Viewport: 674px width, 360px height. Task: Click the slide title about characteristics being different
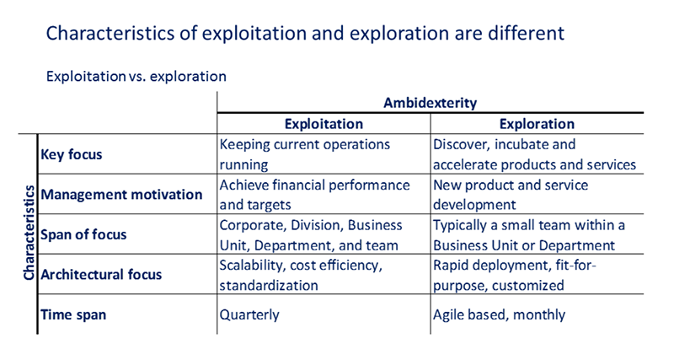point(305,33)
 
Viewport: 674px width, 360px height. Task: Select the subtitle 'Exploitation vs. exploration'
point(136,76)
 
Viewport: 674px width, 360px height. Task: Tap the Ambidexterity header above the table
point(430,103)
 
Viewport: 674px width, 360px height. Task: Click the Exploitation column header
point(324,124)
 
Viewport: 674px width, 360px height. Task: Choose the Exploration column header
point(537,124)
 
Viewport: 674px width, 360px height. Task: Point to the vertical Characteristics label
point(29,233)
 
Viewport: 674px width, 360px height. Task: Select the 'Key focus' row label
point(72,154)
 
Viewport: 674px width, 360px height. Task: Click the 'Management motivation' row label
point(121,195)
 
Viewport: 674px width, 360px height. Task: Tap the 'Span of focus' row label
point(83,234)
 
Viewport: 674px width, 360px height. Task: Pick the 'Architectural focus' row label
point(101,274)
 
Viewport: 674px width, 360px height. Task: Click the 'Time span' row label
point(73,314)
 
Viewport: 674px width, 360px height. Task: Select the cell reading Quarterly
point(249,314)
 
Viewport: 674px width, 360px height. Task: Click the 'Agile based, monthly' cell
point(499,314)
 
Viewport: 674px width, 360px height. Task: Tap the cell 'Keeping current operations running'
point(305,154)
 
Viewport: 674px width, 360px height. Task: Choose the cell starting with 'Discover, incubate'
point(534,154)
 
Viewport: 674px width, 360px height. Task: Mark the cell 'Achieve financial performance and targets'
point(314,195)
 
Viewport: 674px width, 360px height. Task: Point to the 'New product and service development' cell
point(511,195)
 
